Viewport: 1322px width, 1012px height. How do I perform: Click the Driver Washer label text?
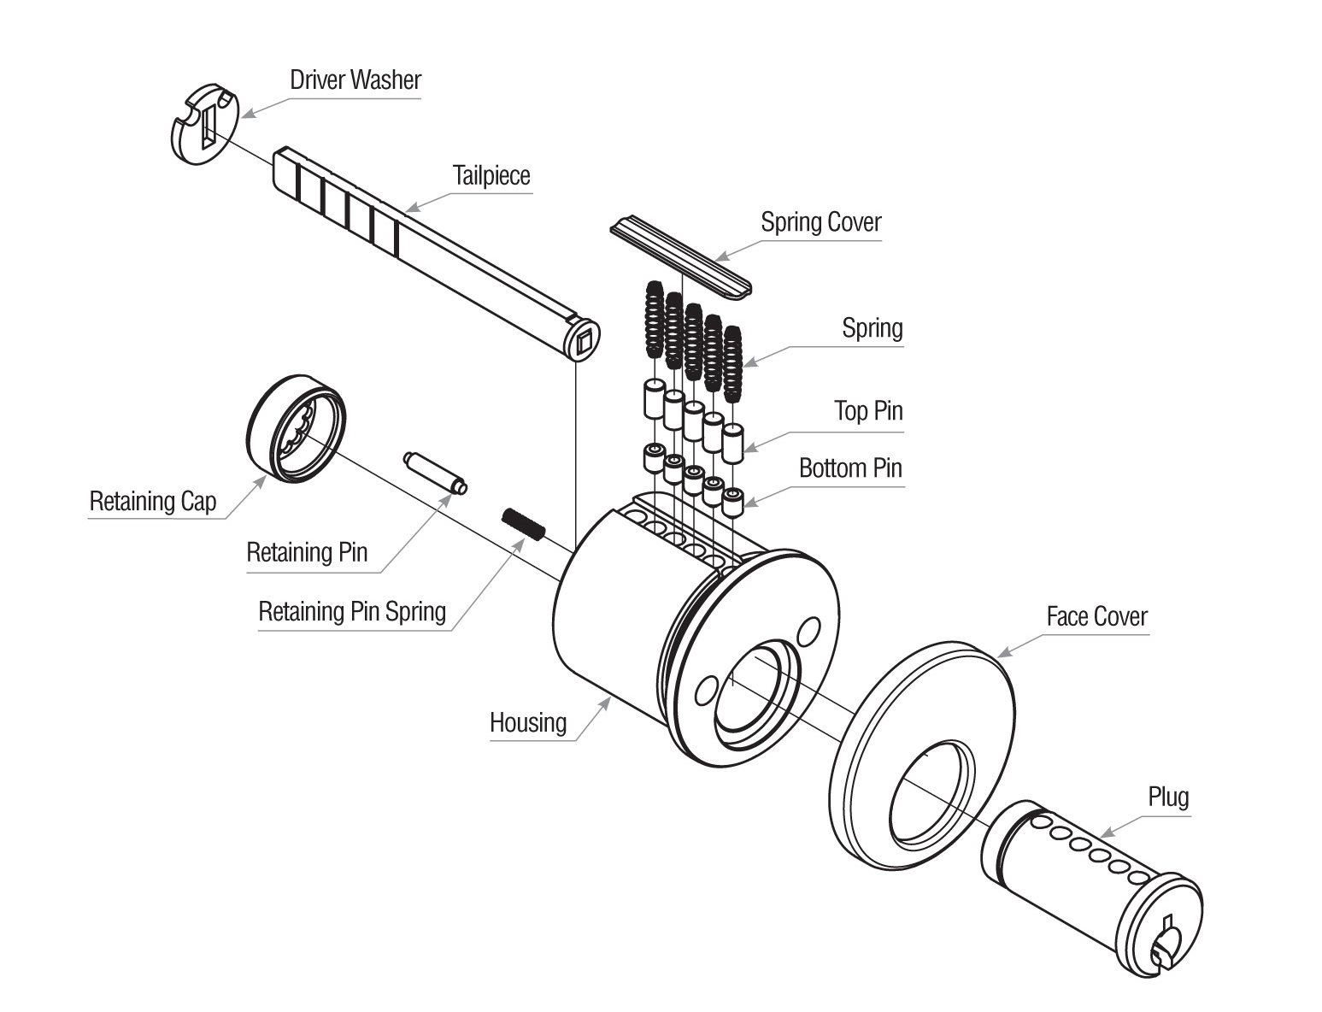tap(355, 80)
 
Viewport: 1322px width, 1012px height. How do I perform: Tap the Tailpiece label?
tap(491, 176)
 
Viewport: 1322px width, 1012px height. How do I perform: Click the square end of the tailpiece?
tap(584, 341)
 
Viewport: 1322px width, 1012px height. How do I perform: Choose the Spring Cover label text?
tap(820, 222)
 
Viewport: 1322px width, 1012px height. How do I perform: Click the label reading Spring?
tap(872, 328)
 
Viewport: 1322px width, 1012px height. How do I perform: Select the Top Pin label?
tap(868, 411)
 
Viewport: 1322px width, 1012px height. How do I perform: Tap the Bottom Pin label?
tap(850, 468)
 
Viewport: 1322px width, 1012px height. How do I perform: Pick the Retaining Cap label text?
tap(153, 502)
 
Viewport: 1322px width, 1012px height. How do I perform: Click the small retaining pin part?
tap(433, 472)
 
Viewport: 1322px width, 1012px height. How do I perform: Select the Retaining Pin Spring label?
tap(352, 612)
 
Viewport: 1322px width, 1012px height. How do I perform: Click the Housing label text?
tap(528, 723)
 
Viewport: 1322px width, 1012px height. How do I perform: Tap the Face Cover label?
tap(1096, 616)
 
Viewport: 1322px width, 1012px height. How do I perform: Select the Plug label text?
tap(1168, 797)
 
